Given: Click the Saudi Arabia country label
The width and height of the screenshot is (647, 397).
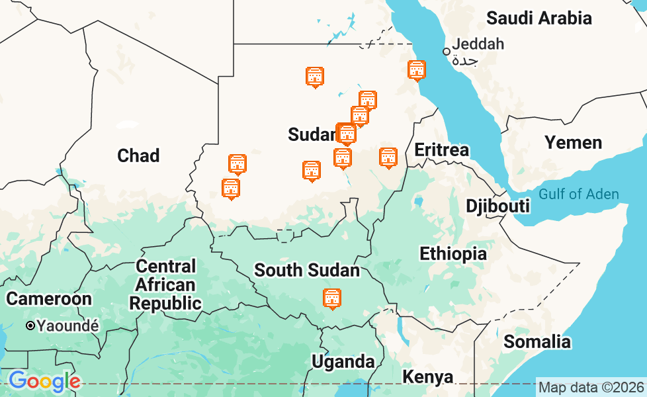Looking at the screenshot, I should [x=539, y=18].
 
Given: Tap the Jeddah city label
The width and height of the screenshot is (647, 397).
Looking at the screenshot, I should [x=478, y=44].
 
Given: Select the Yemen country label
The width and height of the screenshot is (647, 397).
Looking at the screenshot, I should [x=573, y=142].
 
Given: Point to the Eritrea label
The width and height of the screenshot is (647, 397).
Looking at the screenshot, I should [x=441, y=150].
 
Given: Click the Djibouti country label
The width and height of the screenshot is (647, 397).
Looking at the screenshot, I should [x=497, y=206].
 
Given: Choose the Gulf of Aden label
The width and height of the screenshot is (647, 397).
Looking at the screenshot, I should [x=578, y=194].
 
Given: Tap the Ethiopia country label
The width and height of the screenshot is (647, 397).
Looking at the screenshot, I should [x=453, y=253].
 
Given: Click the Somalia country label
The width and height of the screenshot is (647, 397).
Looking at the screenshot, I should [x=537, y=341].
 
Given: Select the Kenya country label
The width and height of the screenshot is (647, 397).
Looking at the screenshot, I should [x=428, y=377].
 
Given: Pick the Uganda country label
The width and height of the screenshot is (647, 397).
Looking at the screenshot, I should [x=343, y=361].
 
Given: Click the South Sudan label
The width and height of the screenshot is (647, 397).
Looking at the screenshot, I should [x=307, y=270].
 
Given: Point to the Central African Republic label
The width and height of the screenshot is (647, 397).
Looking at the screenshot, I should [x=165, y=285].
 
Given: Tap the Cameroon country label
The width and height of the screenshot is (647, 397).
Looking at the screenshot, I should [x=49, y=298].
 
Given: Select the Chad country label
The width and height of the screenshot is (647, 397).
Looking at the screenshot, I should [x=138, y=155].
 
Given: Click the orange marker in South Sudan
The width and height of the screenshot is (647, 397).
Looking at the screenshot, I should [x=332, y=299].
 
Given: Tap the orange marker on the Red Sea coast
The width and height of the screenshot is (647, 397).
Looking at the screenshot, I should [x=416, y=70].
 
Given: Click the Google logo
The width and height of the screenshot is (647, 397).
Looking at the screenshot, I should [x=44, y=381].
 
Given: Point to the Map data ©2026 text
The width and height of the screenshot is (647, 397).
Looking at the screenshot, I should [x=591, y=387].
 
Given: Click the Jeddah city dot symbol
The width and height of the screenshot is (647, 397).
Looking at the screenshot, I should [x=447, y=51].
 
